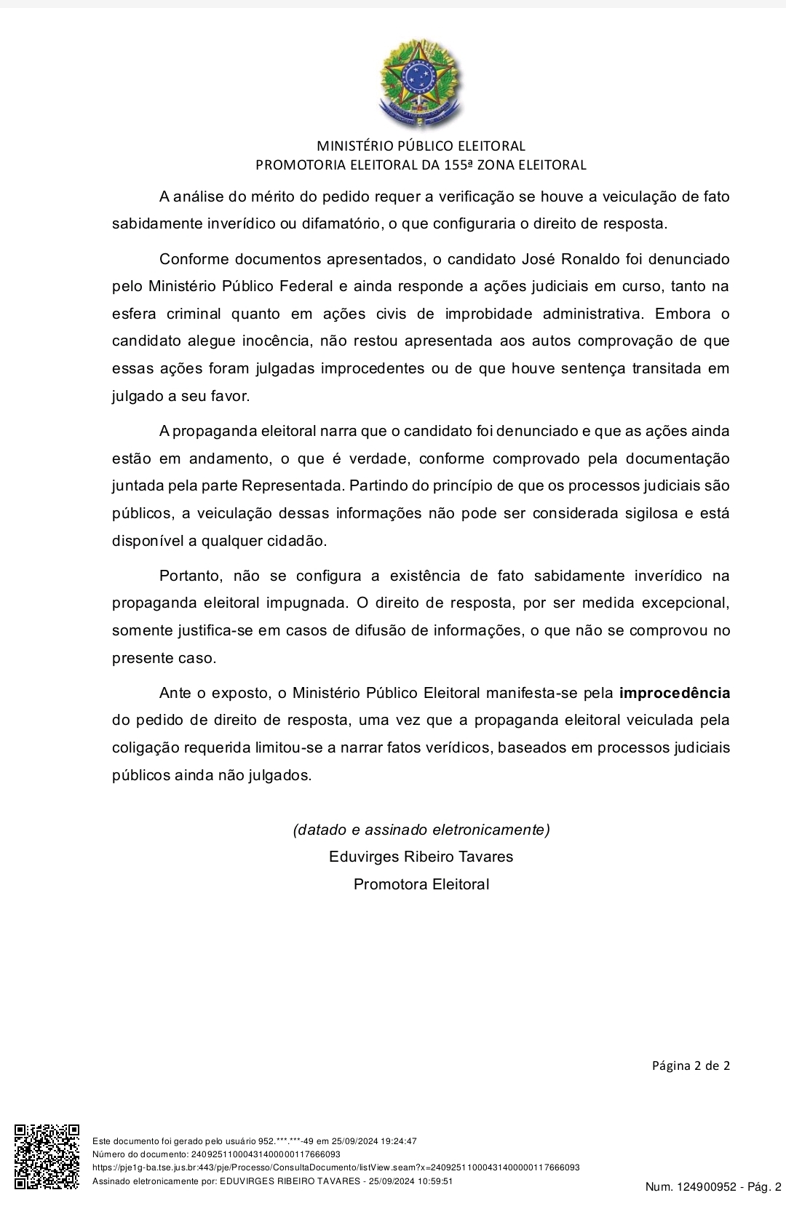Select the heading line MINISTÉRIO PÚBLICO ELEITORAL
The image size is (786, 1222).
coord(421,146)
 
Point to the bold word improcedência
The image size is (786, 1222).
coord(674,693)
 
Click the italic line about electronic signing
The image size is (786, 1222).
coord(421,829)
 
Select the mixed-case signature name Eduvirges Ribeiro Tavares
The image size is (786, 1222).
coord(421,857)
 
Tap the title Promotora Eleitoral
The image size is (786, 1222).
coord(421,884)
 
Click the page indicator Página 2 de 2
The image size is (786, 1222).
coord(690,1066)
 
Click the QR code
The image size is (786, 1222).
coord(47,1157)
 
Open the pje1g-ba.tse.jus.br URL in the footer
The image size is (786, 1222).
coord(336,1167)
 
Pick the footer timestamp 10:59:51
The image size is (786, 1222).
coord(433,1181)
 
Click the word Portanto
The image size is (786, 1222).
coord(190,576)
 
